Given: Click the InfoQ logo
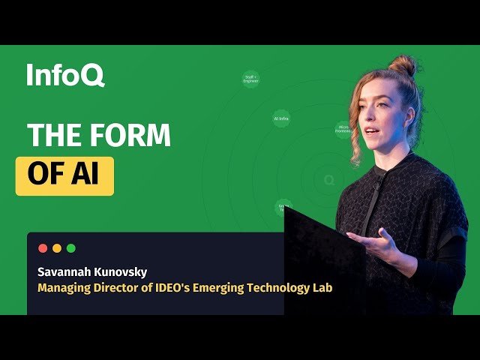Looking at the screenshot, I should [65, 76].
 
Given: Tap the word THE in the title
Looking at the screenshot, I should [53, 135].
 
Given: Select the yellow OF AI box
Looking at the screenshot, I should [64, 175].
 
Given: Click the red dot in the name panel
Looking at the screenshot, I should [43, 248].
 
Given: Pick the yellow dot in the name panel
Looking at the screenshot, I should [57, 248].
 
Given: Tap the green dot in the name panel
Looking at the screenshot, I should [71, 248].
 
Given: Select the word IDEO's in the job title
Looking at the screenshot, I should [178, 288].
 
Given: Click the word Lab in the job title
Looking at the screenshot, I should [322, 288].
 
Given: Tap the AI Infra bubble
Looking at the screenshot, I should [281, 118].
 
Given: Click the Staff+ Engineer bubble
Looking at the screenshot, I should [251, 78].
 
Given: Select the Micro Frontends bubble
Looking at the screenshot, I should [343, 130].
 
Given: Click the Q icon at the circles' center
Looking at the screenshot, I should [328, 180].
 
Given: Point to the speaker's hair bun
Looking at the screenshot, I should [403, 66].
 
